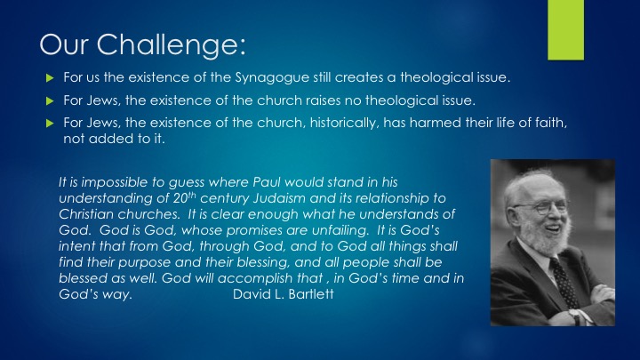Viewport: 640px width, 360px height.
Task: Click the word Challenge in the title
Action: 171,45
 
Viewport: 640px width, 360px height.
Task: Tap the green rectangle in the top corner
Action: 565,30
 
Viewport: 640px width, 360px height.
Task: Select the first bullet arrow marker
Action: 50,77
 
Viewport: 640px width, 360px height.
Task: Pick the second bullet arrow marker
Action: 50,100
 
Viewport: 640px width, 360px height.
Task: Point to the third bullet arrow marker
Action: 50,123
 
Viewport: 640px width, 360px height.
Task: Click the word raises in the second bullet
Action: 323,100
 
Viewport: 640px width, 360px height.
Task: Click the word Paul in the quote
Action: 266,182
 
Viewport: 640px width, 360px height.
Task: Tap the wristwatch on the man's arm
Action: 574,316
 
